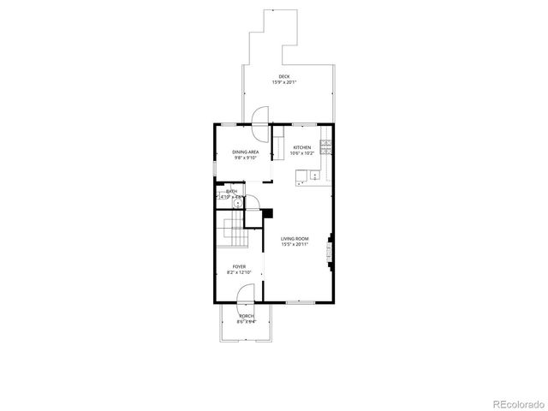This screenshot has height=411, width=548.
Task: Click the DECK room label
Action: click(x=283, y=76)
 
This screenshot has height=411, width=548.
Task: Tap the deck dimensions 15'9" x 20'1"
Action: click(x=283, y=82)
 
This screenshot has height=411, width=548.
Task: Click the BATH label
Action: click(x=231, y=191)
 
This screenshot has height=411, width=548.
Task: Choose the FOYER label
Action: click(x=238, y=265)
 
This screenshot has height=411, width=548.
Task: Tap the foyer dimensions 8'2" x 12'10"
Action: click(x=238, y=271)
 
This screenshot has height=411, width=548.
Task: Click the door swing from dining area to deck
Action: click(x=260, y=117)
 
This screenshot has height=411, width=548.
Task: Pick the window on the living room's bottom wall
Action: click(x=297, y=302)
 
